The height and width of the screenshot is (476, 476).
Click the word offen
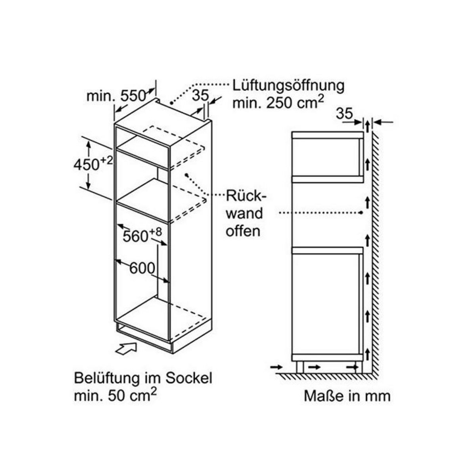coord(243,231)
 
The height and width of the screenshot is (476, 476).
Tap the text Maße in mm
coord(347,395)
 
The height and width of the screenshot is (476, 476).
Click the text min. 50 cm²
coord(115,395)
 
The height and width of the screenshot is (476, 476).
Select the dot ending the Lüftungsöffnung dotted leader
coord(171,103)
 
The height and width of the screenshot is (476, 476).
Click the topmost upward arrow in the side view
coord(368,126)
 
